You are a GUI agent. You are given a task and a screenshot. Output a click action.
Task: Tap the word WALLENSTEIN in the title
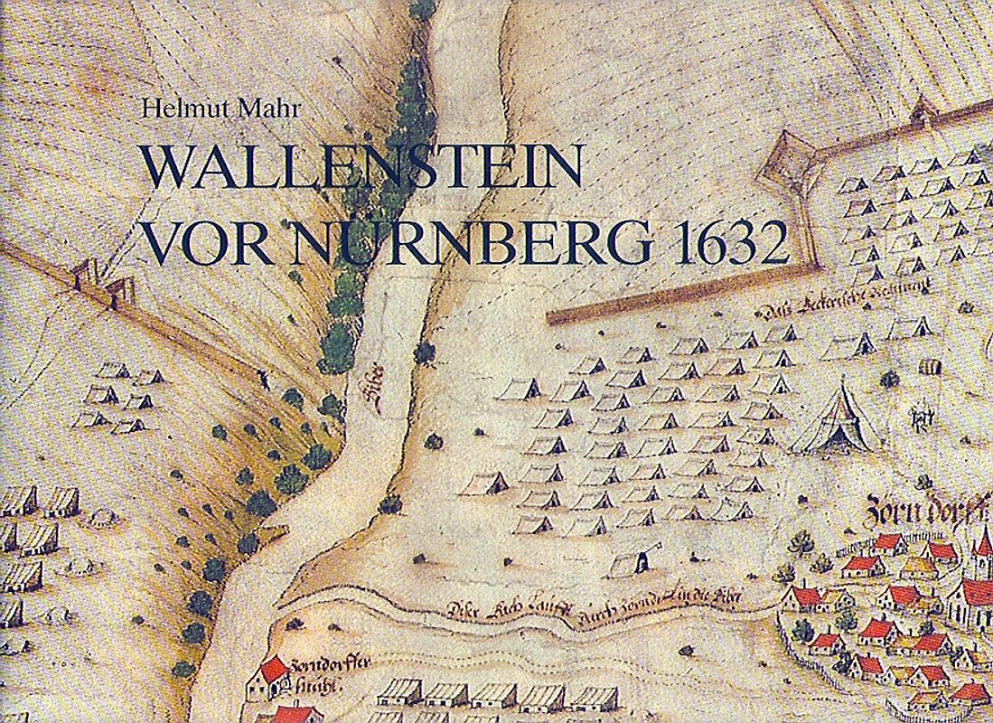361,168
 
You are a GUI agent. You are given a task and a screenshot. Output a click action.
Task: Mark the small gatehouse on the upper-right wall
923,112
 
